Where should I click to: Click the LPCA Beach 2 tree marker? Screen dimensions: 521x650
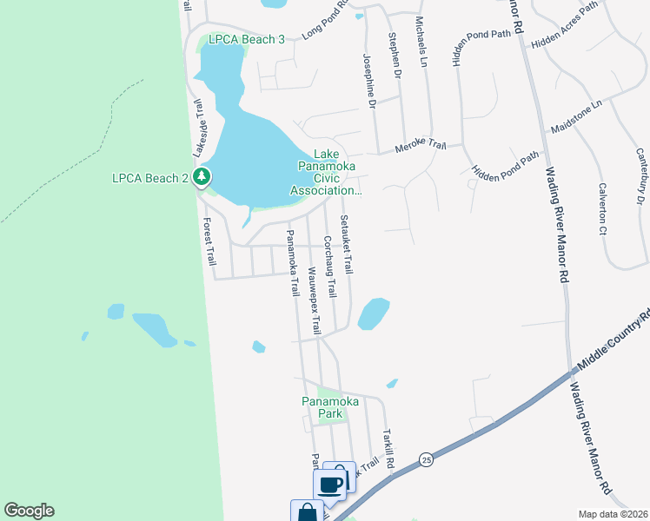[202, 178]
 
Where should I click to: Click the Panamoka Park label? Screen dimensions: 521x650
[325, 407]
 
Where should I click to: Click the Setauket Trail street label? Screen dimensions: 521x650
[347, 245]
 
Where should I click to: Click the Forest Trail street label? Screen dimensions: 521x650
[209, 241]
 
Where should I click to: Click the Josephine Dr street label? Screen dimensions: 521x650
[368, 80]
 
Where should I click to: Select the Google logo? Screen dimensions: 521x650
[30, 511]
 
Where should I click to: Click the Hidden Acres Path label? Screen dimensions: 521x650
[566, 23]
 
